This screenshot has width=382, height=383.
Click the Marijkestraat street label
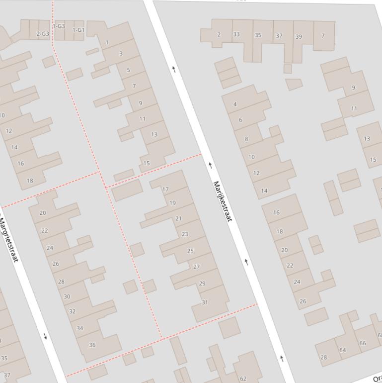tap(222, 201)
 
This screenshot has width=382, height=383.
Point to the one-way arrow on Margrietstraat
tap(46, 337)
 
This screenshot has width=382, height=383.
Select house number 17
tap(165, 190)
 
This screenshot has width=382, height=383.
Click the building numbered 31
tap(205, 302)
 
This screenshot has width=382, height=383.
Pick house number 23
tap(185, 234)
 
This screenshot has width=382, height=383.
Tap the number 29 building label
tap(202, 284)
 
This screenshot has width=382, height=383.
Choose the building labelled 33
tap(236, 34)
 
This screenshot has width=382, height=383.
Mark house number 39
tap(299, 36)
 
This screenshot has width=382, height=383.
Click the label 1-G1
tap(78, 30)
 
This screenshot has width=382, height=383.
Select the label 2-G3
tap(43, 34)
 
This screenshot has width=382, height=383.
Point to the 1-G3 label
tap(59, 26)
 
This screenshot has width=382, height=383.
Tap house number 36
tap(92, 345)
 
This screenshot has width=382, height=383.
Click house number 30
tap(67, 296)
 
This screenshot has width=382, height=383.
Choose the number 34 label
tap(80, 328)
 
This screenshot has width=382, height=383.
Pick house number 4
tap(235, 104)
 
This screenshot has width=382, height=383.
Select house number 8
tap(246, 139)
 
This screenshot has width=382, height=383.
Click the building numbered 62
tap(243, 379)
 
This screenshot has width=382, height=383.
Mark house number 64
tap(343, 350)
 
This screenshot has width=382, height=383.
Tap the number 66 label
tap(363, 343)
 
